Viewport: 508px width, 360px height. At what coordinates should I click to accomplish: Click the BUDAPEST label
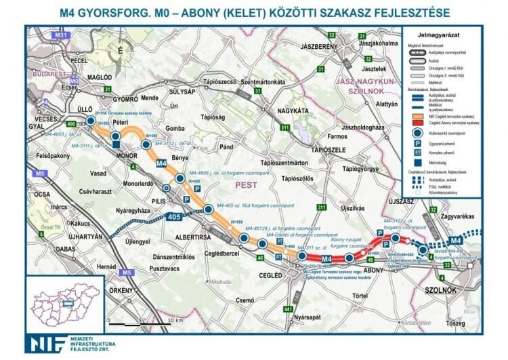click(48, 69)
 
